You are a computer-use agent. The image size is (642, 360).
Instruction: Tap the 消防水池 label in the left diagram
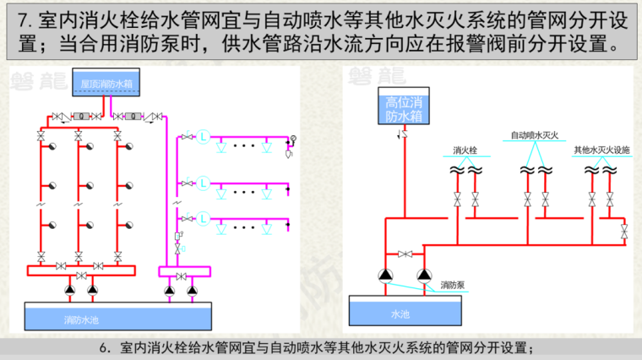point(82,319)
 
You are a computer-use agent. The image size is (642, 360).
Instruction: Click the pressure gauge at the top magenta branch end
point(294,139)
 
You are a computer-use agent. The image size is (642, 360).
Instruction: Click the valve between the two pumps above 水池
point(405,254)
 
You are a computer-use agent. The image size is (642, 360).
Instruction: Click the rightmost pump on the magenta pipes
point(192,291)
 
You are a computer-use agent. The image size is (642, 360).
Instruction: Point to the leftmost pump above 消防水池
point(70,291)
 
